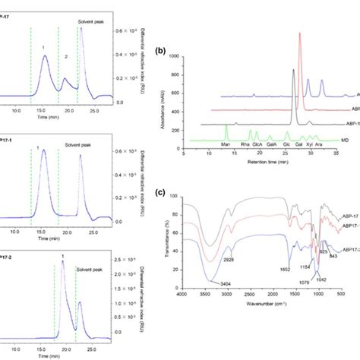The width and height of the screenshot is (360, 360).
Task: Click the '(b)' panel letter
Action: [x=159, y=52]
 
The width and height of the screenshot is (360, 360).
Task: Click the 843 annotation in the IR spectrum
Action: [x=332, y=276]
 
